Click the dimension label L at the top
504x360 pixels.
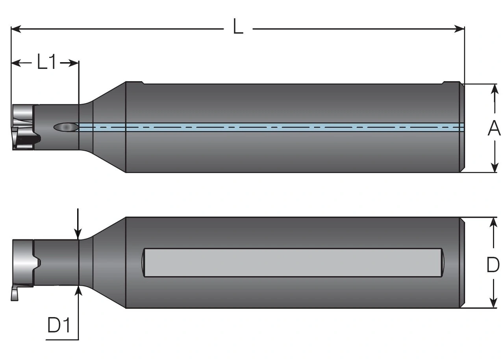[x=238, y=28]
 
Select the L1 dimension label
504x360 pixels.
[x=47, y=62]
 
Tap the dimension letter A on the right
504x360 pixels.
[x=494, y=128]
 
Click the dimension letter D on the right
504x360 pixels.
[x=493, y=265]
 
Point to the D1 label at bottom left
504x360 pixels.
[x=59, y=326]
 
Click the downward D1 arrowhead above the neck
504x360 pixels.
[x=79, y=235]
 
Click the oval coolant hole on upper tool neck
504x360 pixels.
[x=66, y=127]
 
